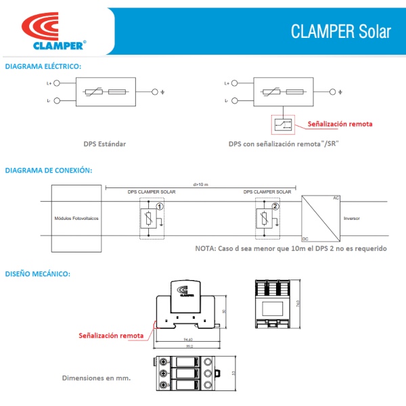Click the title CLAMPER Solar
(340, 32)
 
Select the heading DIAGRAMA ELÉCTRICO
(43, 66)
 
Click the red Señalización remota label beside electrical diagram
(340, 125)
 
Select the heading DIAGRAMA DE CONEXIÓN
(47, 170)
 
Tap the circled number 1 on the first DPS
(159, 206)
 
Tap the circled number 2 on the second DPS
(275, 206)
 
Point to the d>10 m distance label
(200, 184)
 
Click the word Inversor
(351, 219)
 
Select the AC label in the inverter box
(336, 198)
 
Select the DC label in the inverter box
(305, 239)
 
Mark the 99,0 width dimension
(191, 346)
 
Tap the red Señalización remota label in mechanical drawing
(111, 335)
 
